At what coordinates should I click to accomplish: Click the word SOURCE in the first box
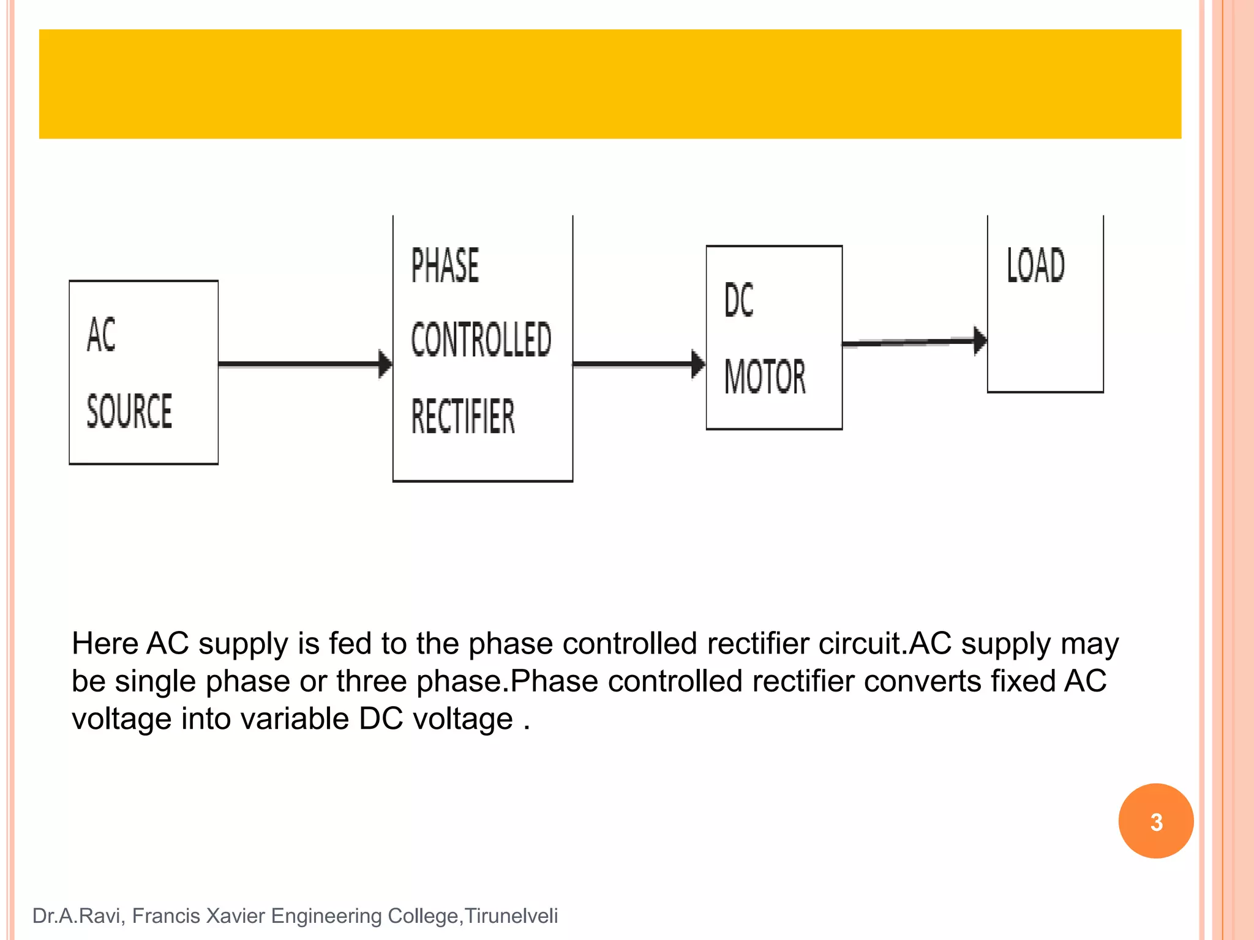point(129,411)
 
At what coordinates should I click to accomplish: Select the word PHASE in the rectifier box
point(445,266)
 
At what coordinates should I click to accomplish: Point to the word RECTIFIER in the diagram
point(463,416)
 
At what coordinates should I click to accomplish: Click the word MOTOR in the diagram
point(765,376)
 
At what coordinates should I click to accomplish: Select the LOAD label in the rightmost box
point(1036,266)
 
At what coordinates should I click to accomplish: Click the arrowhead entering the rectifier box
point(385,364)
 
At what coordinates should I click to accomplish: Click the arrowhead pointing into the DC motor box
point(698,364)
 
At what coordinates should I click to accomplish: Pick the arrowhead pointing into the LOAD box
point(980,340)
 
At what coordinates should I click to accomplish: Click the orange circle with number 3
point(1155,821)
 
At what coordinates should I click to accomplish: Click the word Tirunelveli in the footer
point(511,916)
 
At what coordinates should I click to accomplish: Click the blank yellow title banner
point(610,84)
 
